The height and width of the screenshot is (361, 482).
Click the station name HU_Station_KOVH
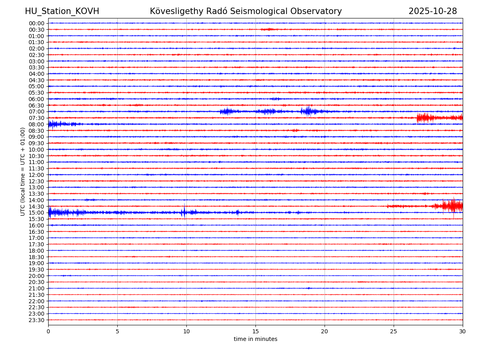click(x=62, y=12)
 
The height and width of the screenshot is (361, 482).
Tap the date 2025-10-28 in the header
click(x=433, y=12)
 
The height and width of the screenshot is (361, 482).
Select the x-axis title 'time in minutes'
click(x=255, y=339)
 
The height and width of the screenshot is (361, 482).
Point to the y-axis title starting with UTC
click(x=23, y=171)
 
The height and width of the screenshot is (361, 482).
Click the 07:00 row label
click(x=37, y=112)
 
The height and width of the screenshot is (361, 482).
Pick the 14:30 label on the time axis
click(x=37, y=206)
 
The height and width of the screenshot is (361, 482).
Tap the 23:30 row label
click(x=37, y=320)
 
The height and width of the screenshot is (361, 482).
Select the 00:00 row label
click(x=37, y=23)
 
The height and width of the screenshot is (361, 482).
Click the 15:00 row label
click(x=37, y=213)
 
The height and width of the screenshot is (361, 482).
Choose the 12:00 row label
click(x=37, y=175)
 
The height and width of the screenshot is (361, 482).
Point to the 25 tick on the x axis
click(x=394, y=332)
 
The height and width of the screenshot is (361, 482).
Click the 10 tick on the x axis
click(x=186, y=332)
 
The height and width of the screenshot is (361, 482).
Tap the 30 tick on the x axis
click(x=463, y=332)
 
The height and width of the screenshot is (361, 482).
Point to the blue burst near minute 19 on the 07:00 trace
click(x=308, y=111)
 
